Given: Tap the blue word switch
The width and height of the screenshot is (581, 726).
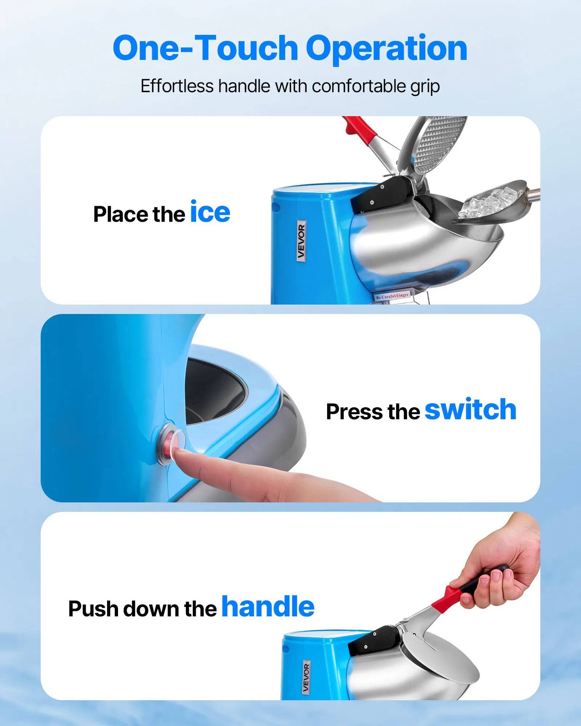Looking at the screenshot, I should point(470,409).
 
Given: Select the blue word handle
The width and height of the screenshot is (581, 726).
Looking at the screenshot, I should point(268,607).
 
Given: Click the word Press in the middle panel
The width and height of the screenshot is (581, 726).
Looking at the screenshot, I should point(354,412).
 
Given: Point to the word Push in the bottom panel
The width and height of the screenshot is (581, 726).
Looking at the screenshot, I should point(93,609).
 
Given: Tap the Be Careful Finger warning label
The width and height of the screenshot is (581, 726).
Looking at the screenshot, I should point(392,296).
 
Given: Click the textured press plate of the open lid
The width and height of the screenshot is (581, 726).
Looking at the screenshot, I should point(439,143).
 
